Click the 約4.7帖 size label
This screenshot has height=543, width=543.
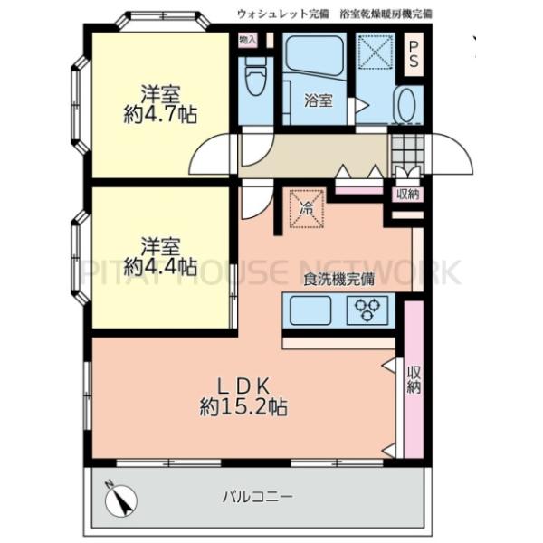point(161,114)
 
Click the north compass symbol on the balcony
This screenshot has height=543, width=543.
point(120,497)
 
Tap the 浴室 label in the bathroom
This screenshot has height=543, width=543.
point(318,100)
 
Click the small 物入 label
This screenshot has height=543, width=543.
point(247,41)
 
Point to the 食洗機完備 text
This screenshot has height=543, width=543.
point(338,280)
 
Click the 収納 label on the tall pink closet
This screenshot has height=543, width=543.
point(414,380)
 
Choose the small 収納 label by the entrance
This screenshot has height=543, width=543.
point(406,195)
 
